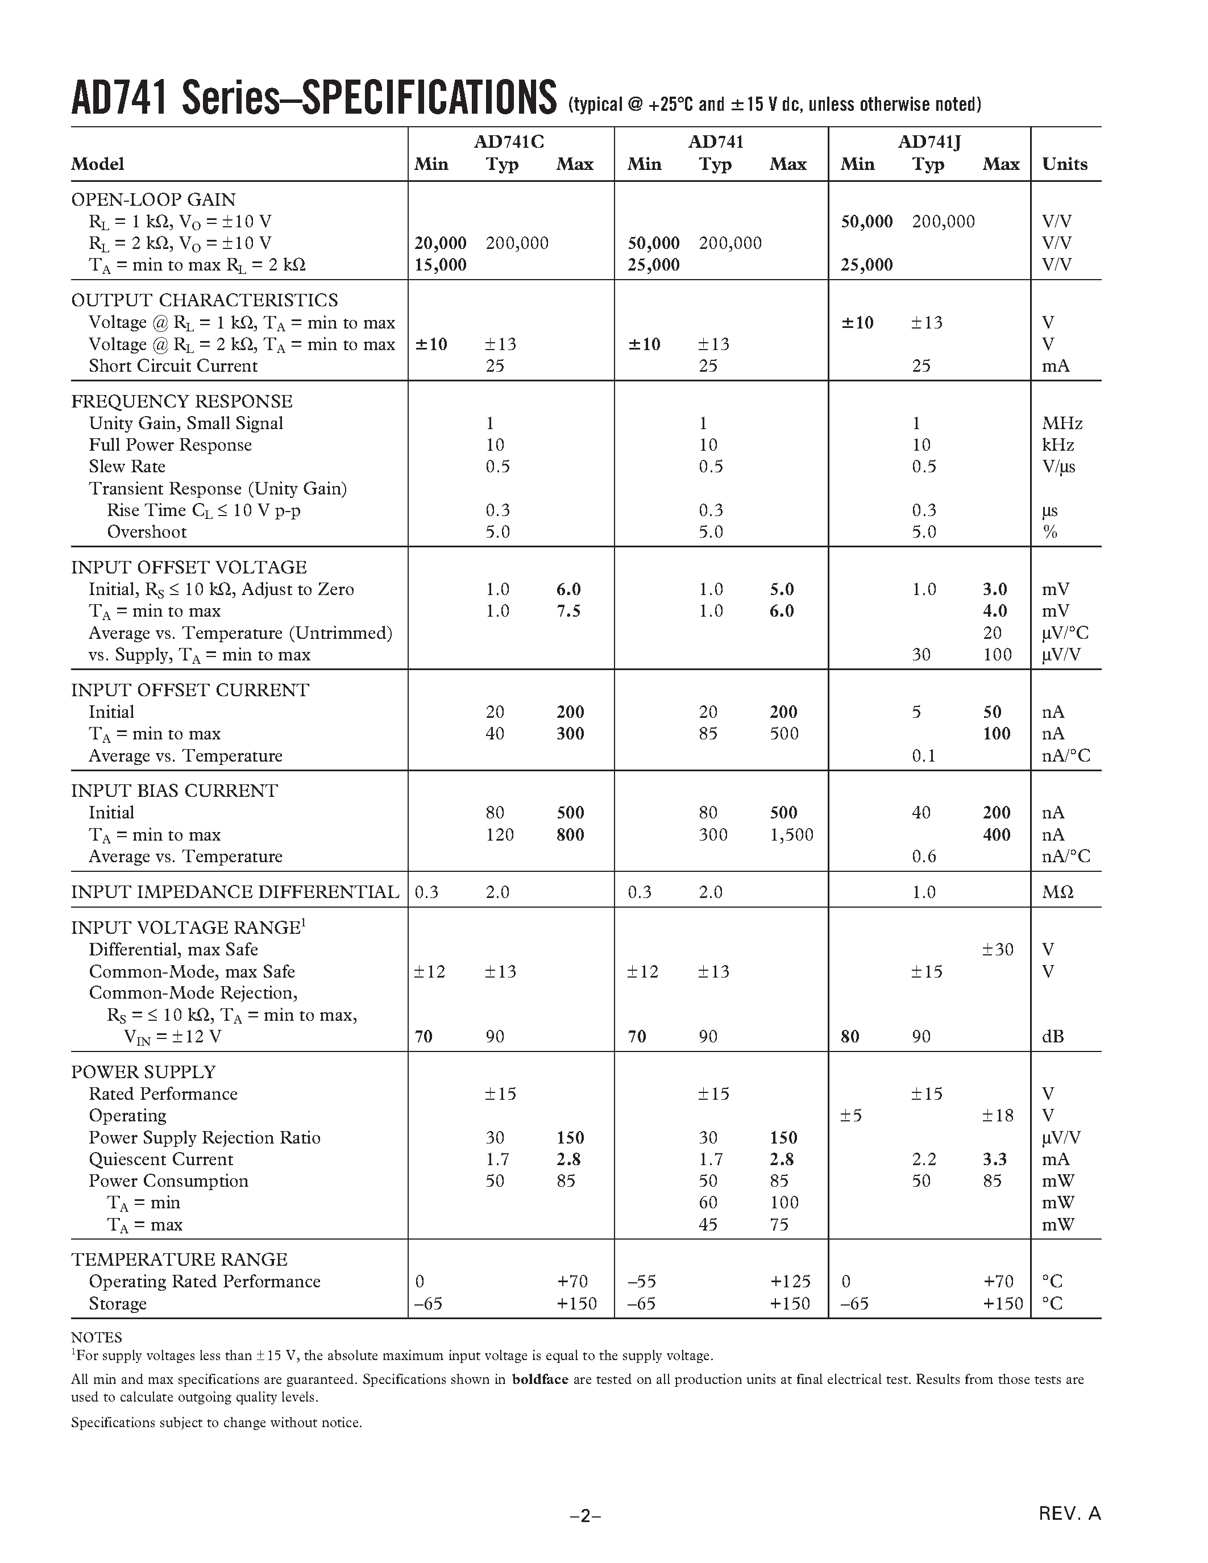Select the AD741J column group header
click(929, 142)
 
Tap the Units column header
click(1064, 164)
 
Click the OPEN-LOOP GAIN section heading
click(153, 199)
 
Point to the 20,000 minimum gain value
click(440, 243)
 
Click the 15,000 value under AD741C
click(440, 265)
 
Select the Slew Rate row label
click(127, 467)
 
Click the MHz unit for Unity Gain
click(1062, 423)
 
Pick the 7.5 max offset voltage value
click(568, 611)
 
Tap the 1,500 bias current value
click(791, 834)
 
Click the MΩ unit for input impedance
click(1058, 892)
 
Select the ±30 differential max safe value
click(998, 950)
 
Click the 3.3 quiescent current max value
click(995, 1159)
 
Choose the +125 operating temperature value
click(790, 1281)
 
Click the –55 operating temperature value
click(642, 1281)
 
